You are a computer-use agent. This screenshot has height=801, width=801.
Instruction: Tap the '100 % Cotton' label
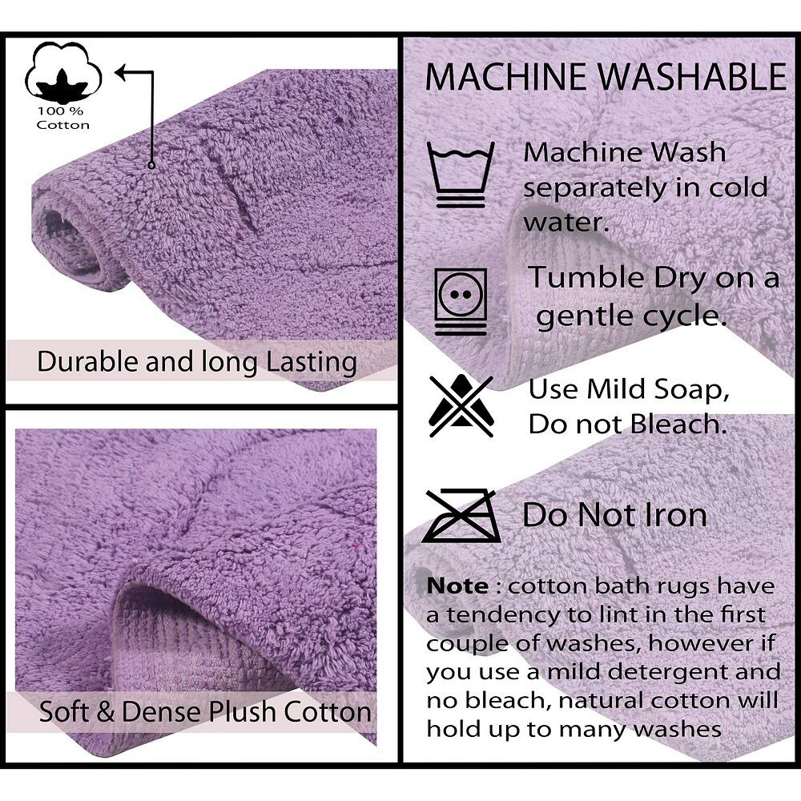click(62, 118)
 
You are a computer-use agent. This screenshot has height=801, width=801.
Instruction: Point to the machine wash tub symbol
click(461, 175)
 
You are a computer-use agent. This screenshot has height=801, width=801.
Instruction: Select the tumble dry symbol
click(461, 301)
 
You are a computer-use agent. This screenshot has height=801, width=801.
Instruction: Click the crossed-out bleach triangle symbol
click(461, 405)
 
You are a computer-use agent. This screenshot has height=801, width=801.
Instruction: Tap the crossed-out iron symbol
click(461, 515)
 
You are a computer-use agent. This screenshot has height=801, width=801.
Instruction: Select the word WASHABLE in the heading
click(693, 77)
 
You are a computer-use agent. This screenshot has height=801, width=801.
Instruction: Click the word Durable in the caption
click(88, 361)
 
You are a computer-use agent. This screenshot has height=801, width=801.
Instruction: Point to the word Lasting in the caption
click(312, 363)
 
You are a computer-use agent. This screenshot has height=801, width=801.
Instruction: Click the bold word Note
click(457, 586)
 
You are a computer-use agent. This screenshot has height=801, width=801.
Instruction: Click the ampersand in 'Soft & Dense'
click(105, 711)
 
